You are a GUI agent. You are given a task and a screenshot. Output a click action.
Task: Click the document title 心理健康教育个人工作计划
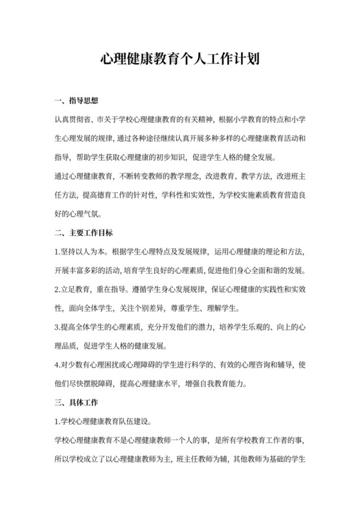[180, 60]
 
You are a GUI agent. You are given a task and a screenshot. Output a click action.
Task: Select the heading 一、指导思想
[76, 101]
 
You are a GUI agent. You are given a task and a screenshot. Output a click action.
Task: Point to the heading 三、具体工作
[76, 404]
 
